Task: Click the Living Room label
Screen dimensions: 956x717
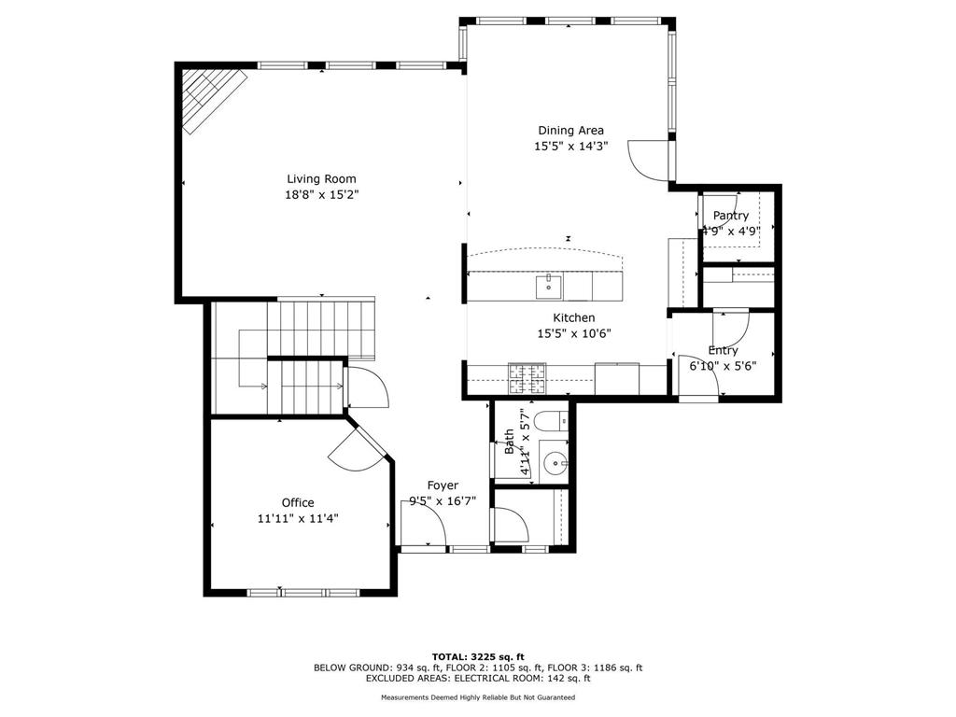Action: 321,178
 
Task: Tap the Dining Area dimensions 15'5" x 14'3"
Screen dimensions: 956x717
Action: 571,147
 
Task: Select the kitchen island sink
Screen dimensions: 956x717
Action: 548,287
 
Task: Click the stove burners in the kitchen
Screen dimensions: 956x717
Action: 527,378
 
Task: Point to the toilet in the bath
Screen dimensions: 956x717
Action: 551,421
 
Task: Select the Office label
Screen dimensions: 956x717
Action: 298,503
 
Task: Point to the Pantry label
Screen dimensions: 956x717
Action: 730,216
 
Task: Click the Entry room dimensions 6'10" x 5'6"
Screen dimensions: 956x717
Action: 724,366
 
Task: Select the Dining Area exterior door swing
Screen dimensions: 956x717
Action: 650,160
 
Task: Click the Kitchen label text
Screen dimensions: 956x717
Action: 574,317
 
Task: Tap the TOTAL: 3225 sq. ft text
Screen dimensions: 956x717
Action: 478,656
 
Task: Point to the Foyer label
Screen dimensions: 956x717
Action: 443,485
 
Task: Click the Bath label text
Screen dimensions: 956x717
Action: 509,442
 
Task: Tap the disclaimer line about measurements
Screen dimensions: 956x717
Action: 478,697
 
